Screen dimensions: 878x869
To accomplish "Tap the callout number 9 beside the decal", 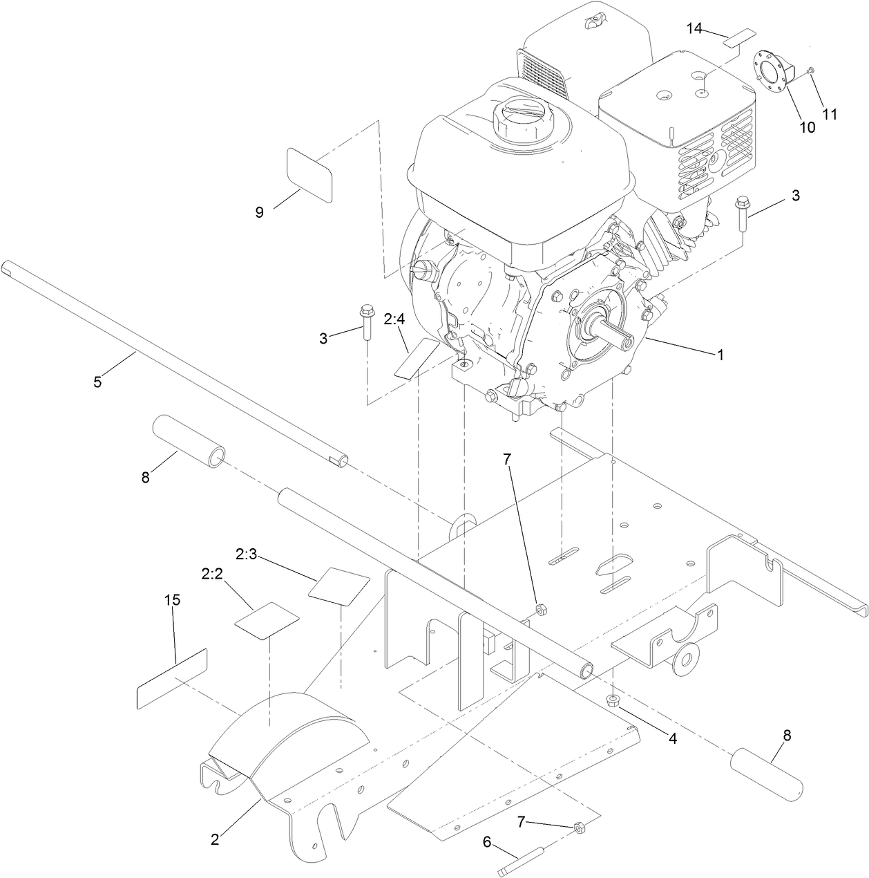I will [x=260, y=212].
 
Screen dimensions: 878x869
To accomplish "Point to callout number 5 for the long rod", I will [x=97, y=381].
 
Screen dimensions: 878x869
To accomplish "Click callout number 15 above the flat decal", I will [x=173, y=600].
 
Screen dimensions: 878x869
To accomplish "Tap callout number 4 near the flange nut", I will [x=672, y=738].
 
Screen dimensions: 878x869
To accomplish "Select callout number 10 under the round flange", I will [x=806, y=127].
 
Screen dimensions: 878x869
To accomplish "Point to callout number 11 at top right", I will [x=830, y=114].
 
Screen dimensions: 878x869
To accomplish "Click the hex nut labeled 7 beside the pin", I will [x=580, y=826].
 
